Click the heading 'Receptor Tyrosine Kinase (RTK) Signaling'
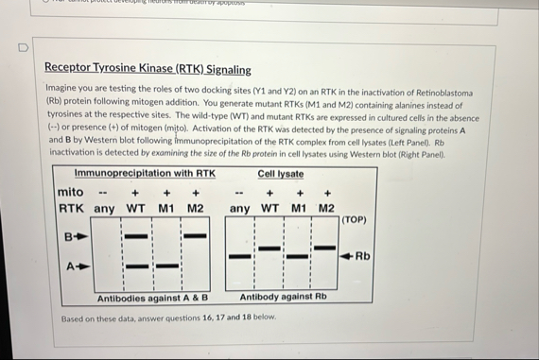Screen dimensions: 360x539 click(x=148, y=69)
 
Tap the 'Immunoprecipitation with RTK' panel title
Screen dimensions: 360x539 click(x=147, y=173)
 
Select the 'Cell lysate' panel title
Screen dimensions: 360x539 click(x=281, y=174)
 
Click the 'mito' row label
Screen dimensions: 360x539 click(x=71, y=192)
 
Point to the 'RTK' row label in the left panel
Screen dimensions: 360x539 click(x=72, y=208)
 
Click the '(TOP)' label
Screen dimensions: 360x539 click(x=353, y=219)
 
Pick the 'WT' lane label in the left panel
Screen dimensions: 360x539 click(x=135, y=208)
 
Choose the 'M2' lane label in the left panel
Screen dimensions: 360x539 click(x=196, y=208)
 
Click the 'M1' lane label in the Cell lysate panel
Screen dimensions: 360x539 click(x=298, y=208)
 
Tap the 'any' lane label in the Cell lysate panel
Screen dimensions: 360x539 click(x=241, y=208)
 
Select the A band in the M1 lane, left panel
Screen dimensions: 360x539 click(x=167, y=266)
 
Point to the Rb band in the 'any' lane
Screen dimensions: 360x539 click(x=241, y=255)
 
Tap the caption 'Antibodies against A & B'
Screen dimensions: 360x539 click(x=152, y=299)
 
